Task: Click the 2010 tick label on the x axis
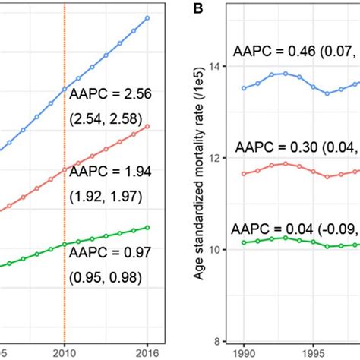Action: (65, 352)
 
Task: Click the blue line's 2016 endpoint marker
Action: (147, 18)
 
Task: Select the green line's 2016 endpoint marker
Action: (147, 227)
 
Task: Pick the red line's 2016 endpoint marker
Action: (147, 126)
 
